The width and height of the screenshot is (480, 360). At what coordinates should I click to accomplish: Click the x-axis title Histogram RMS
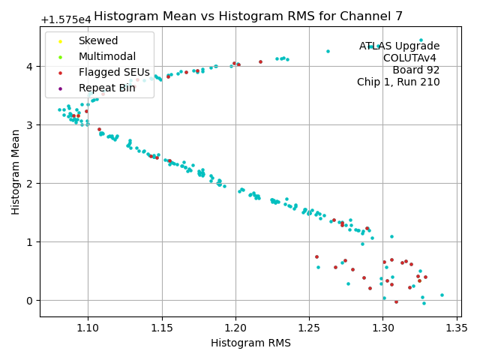coord(250,343)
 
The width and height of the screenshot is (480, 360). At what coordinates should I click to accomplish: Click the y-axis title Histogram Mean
coord(16,172)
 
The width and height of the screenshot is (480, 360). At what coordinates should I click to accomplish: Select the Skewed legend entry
coord(97,40)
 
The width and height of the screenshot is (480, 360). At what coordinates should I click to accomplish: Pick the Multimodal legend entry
coord(106,56)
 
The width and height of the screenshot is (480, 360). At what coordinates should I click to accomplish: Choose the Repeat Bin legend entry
coord(106,88)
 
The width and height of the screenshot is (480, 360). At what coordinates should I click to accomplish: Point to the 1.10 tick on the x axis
coord(88,327)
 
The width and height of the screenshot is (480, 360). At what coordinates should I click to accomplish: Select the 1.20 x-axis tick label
coord(235,327)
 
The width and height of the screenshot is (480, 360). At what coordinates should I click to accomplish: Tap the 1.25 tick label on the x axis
coord(309,327)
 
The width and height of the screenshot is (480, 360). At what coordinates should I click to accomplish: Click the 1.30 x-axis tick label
coord(383,327)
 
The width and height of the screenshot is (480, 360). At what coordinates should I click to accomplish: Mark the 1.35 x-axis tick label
coord(457,327)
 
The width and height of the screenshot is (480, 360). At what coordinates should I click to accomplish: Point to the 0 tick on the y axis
coord(31,300)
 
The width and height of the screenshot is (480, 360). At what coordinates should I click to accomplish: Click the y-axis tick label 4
coord(31,66)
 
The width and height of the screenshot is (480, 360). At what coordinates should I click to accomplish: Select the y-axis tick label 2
coord(31,183)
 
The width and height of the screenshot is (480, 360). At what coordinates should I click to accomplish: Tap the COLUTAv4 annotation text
coord(411,58)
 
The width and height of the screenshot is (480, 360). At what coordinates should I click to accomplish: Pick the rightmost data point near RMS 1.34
coord(442,295)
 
